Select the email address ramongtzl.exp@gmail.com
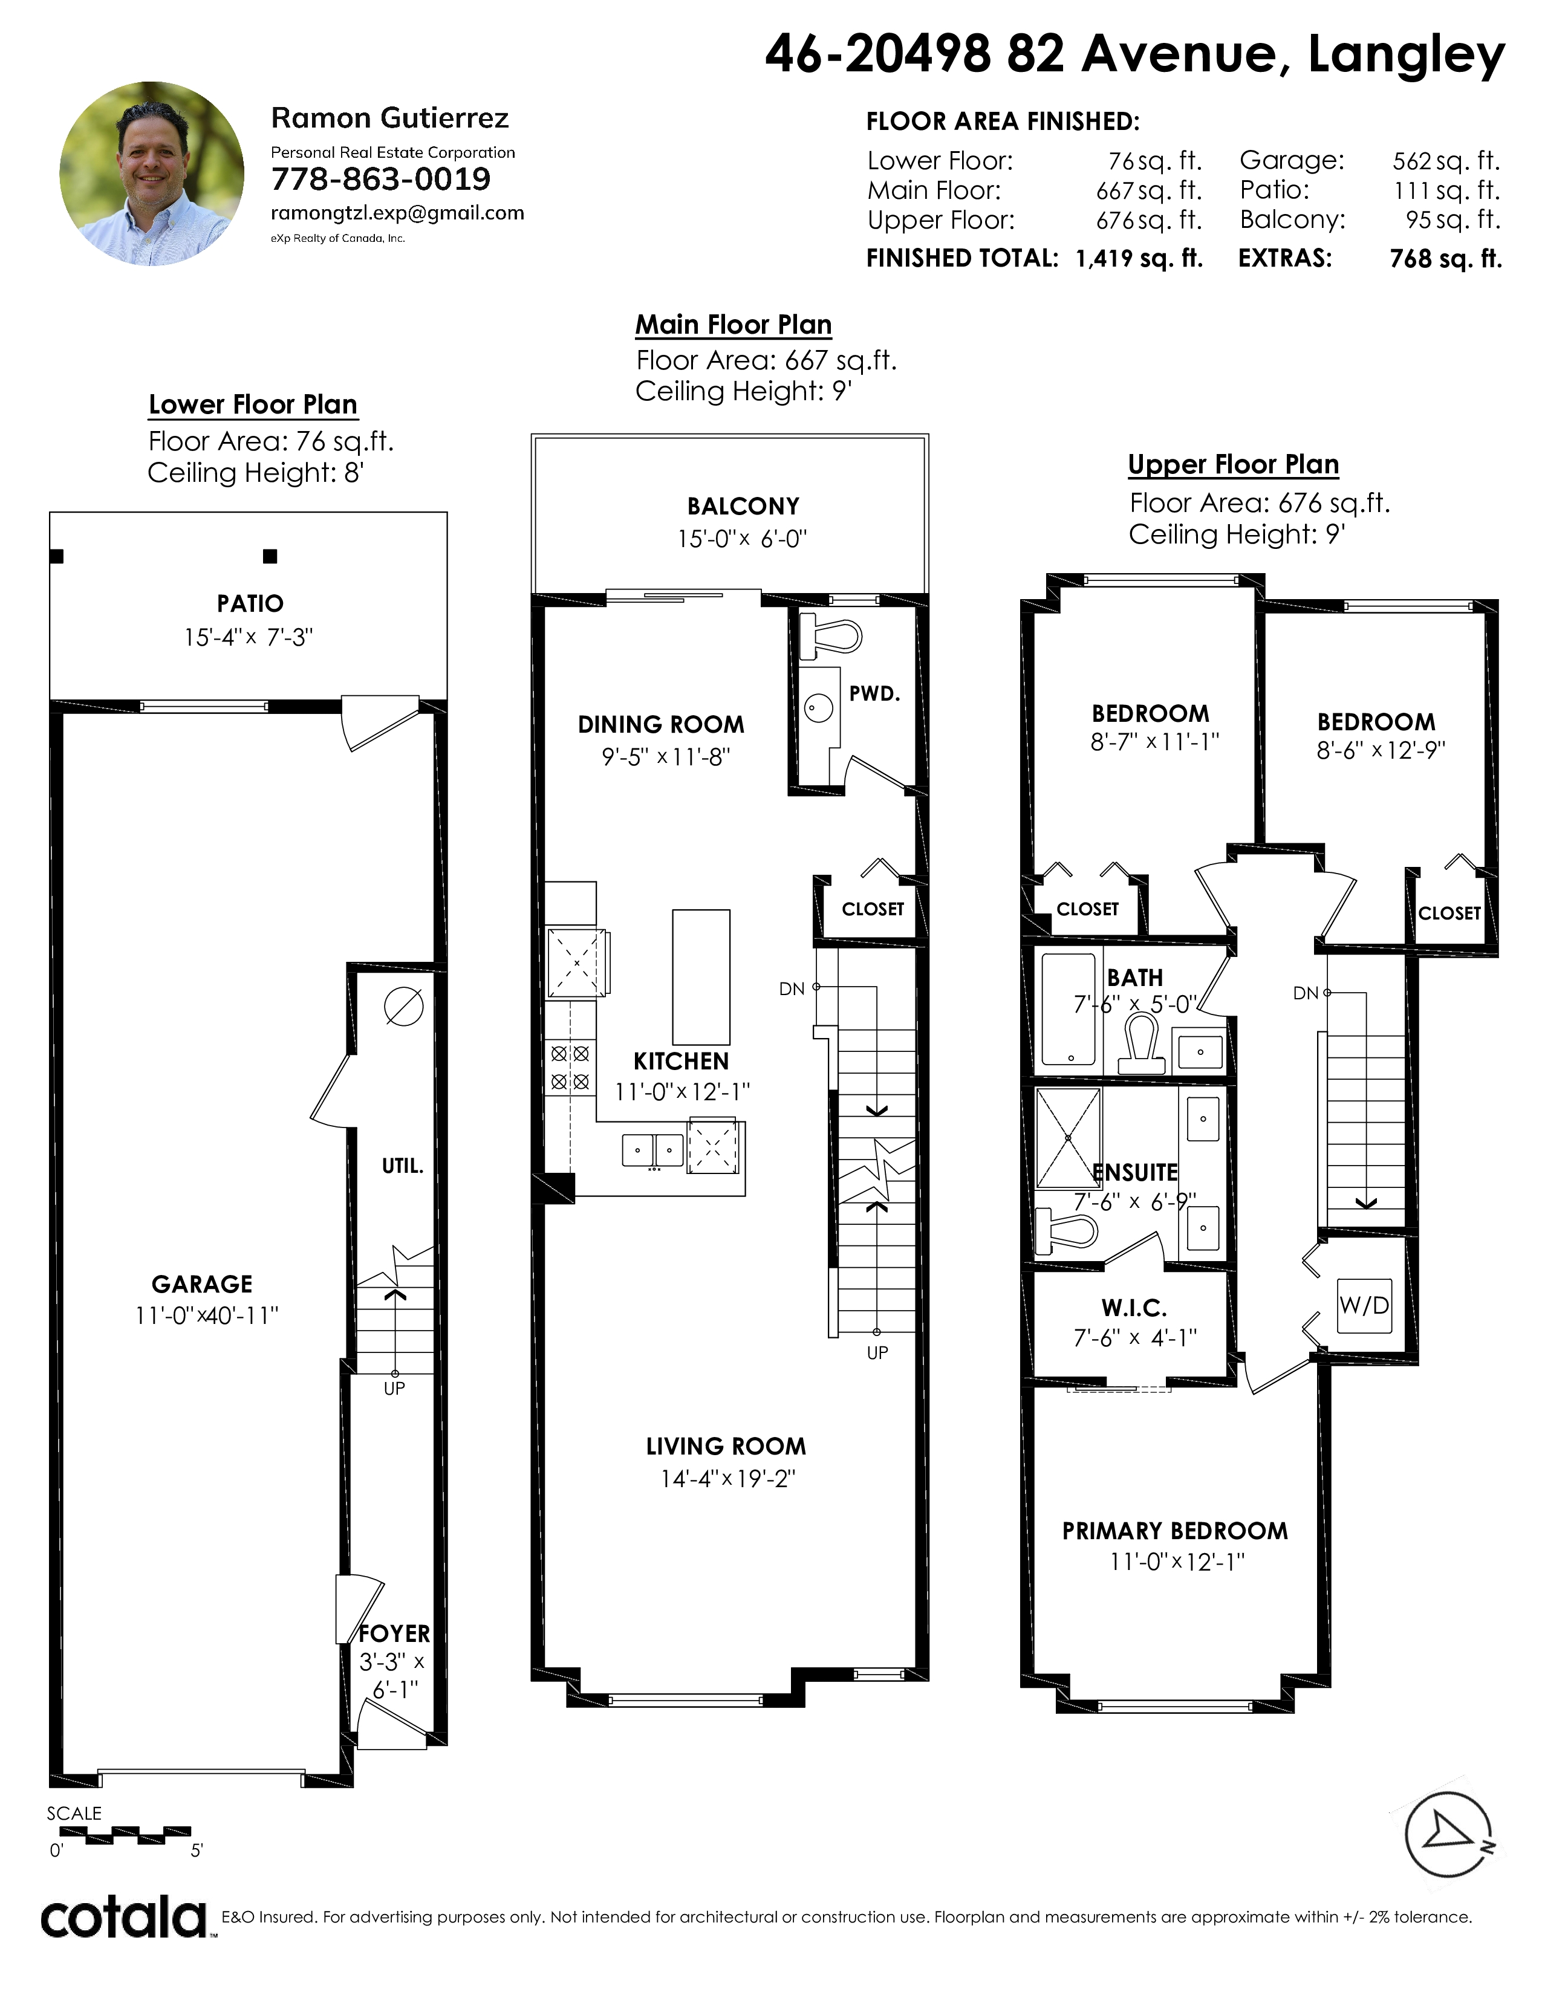click(x=397, y=213)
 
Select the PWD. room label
click(x=874, y=693)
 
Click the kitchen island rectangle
click(x=701, y=976)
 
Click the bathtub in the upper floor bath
click(x=1069, y=1010)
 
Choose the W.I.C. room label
click(x=1134, y=1308)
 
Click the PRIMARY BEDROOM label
click(x=1175, y=1531)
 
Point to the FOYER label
click(x=394, y=1633)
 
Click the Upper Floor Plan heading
click(x=1233, y=465)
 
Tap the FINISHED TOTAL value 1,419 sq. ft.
click(x=1139, y=259)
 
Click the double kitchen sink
click(x=652, y=1150)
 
